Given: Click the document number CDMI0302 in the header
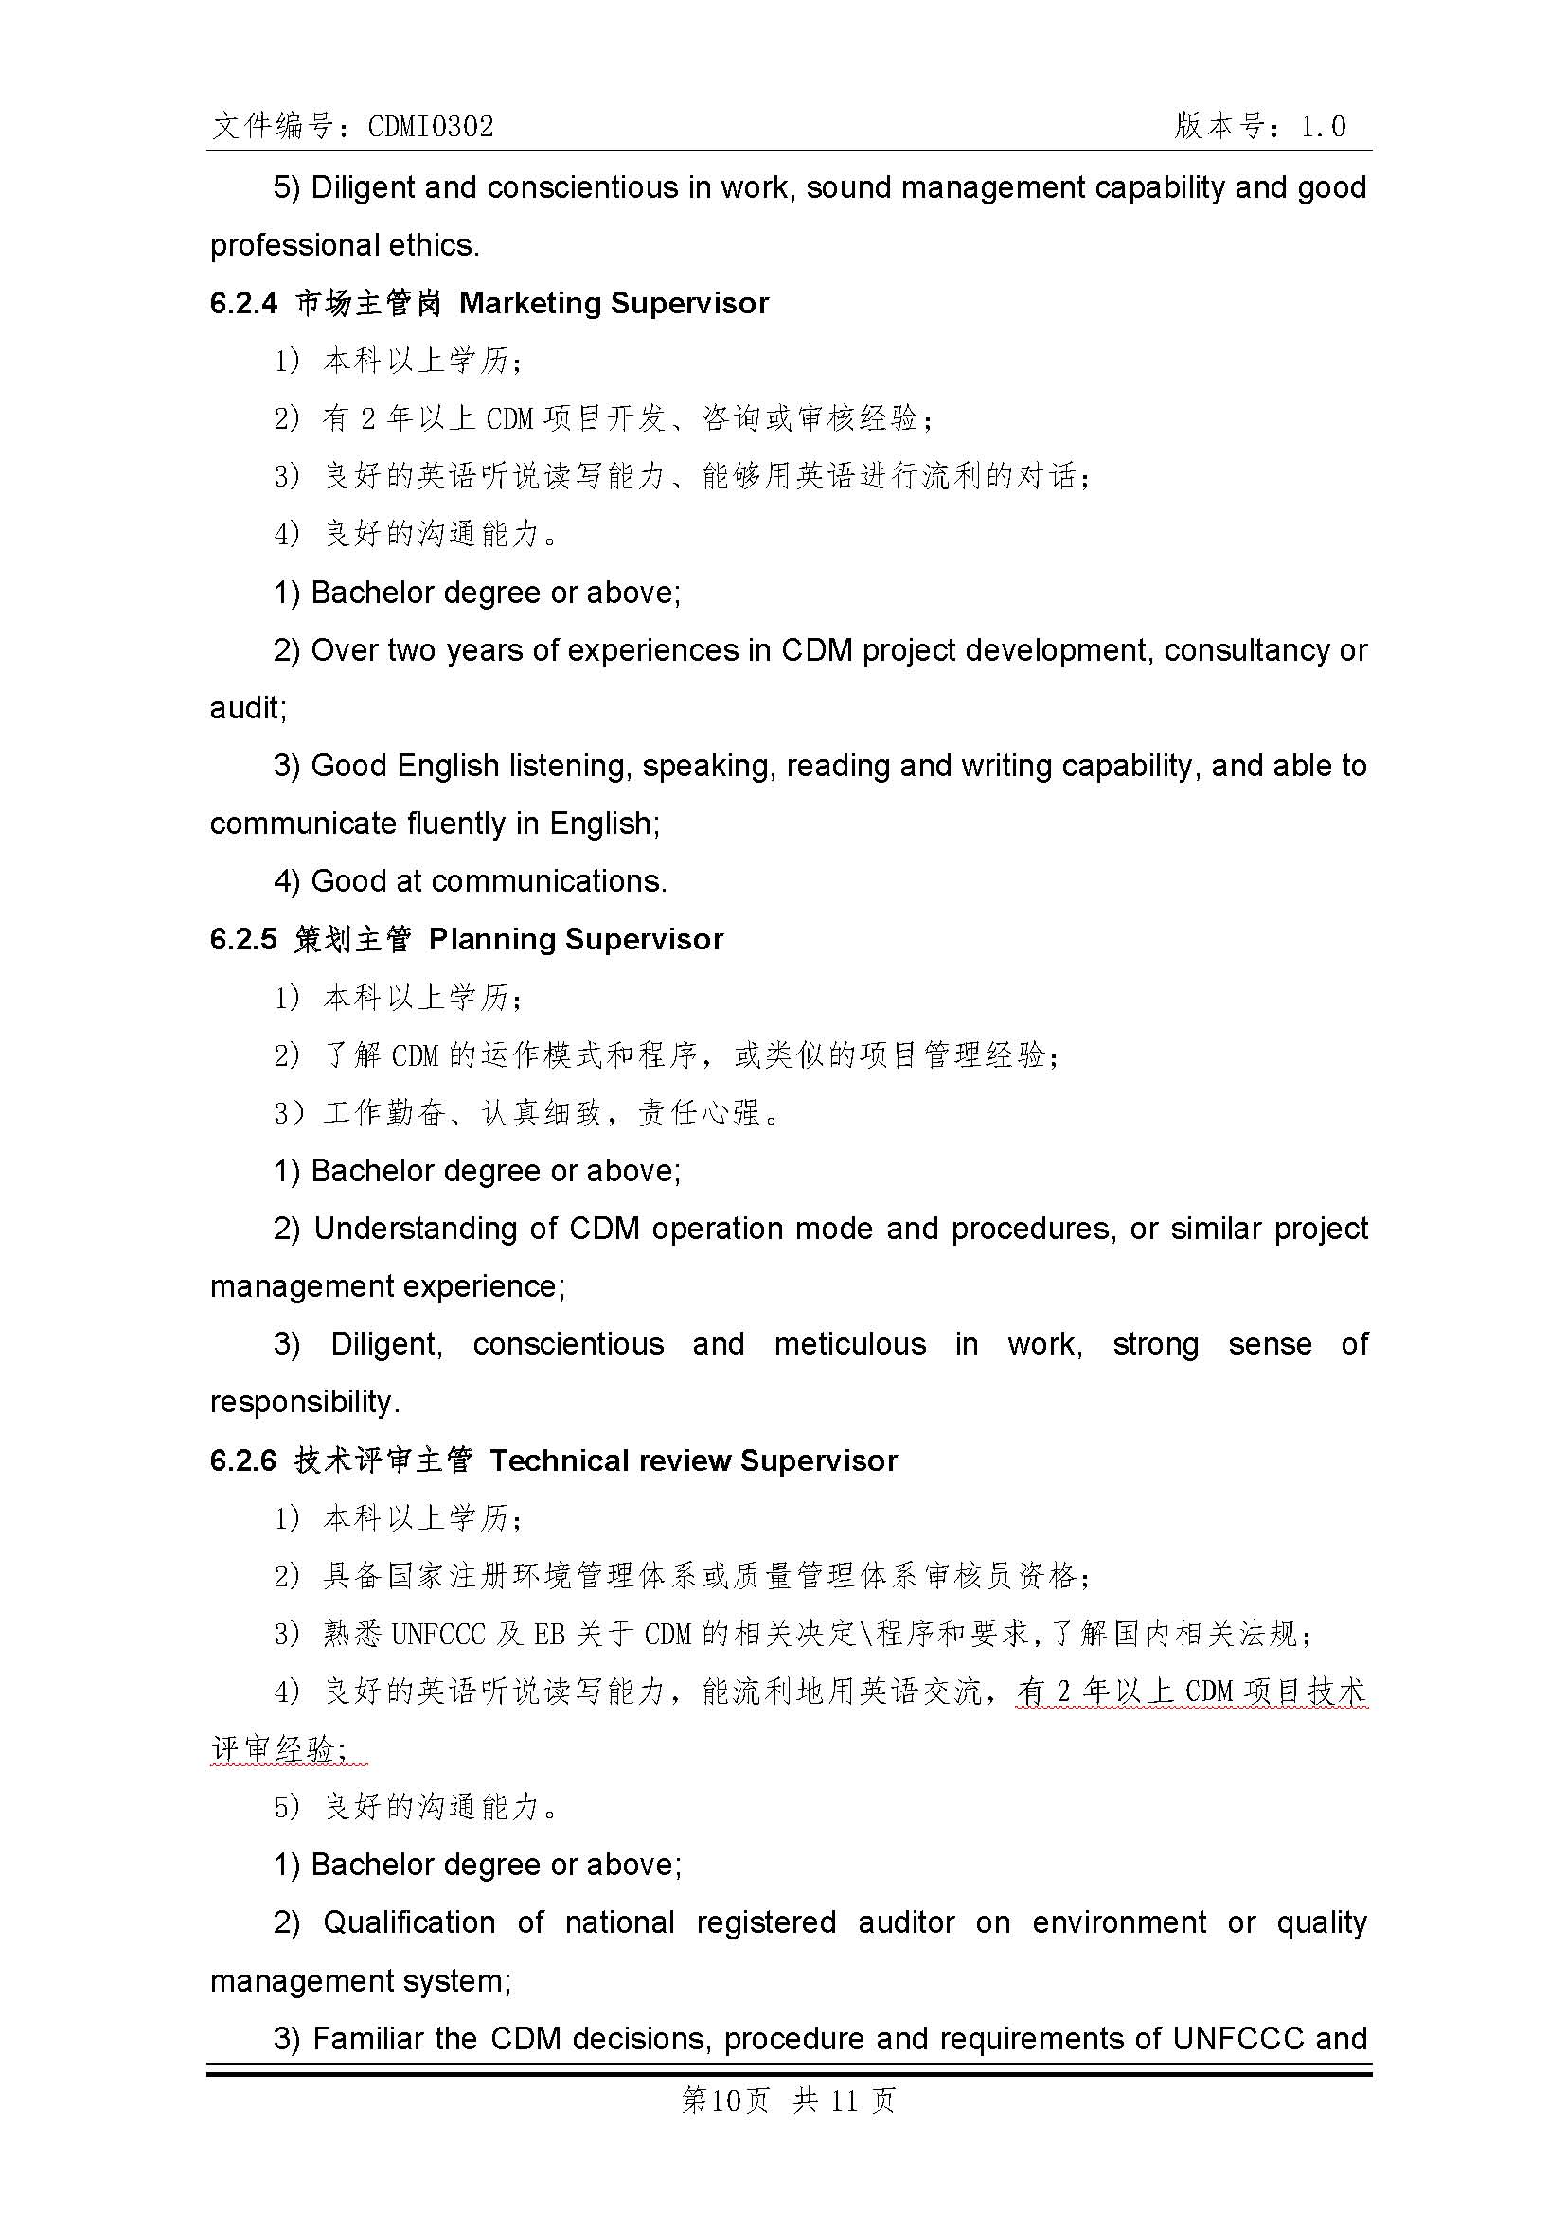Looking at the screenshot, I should (430, 126).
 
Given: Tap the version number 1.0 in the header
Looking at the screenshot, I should (1322, 126).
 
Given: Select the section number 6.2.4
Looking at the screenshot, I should (243, 304).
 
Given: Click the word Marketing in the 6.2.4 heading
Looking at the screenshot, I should (530, 304).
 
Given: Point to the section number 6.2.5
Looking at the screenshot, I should (243, 940).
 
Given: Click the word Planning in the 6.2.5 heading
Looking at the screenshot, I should (491, 940).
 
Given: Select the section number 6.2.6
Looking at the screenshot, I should (243, 1461).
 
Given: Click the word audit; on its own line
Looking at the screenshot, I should (248, 709).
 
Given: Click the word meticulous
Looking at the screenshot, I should (849, 1345).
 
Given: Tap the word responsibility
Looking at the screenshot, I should (304, 1403).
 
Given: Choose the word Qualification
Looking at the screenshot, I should (409, 1923).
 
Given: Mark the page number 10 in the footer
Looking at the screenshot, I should (725, 2100).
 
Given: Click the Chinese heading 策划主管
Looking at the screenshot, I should (353, 940).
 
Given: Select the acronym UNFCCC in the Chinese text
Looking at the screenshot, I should (438, 1635).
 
